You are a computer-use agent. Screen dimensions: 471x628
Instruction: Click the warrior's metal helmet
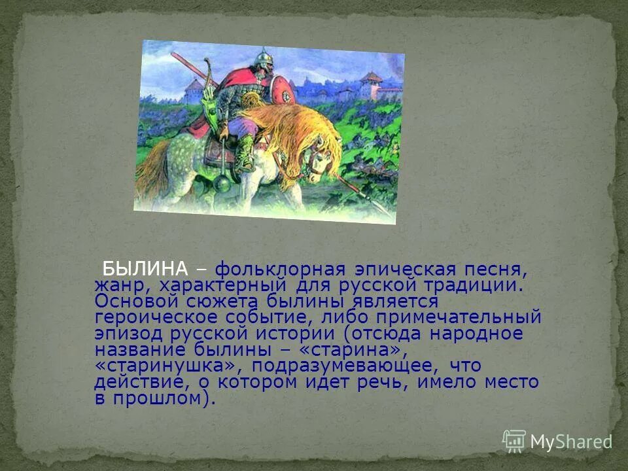tap(262, 60)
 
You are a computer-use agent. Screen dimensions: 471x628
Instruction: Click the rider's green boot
tap(245, 153)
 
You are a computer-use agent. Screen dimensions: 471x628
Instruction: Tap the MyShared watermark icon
tap(514, 442)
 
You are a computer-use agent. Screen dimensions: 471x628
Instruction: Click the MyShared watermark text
tap(570, 442)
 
